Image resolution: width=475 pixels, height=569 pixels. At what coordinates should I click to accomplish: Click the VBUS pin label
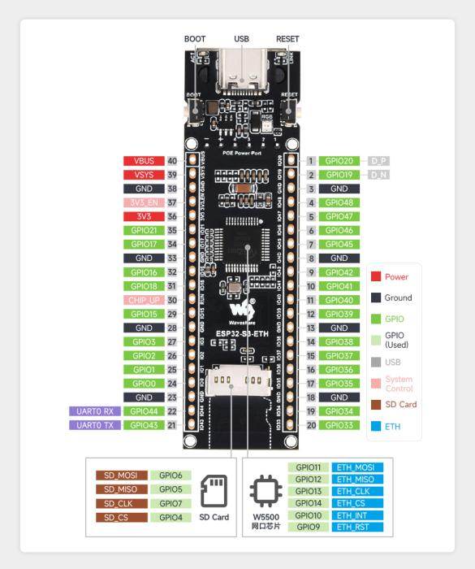144,161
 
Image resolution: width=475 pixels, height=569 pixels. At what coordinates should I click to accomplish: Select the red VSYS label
144,174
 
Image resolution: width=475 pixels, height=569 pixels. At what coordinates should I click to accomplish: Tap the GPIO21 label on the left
144,231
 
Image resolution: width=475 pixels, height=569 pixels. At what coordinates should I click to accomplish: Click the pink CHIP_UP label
144,300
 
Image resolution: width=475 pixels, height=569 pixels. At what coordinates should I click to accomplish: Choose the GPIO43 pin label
144,425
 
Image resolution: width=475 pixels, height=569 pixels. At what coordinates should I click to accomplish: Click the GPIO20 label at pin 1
339,161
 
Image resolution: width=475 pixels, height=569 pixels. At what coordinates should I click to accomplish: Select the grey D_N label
379,175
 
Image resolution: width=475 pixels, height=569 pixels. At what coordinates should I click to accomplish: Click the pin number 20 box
310,425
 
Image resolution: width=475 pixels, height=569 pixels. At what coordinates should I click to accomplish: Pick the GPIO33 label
339,425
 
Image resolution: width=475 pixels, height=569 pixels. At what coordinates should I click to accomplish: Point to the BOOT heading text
195,38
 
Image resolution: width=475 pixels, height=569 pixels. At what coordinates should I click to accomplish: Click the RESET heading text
288,38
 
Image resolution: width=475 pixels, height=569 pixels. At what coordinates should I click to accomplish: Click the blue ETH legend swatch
375,425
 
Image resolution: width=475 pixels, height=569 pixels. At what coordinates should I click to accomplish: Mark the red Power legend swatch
375,276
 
